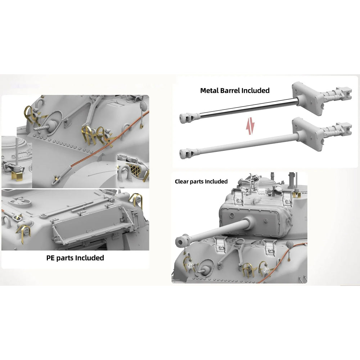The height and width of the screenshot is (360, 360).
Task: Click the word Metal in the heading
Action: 209,91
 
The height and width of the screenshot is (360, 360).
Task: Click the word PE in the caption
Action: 50,258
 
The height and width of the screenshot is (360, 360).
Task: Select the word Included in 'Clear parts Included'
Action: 216,181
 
